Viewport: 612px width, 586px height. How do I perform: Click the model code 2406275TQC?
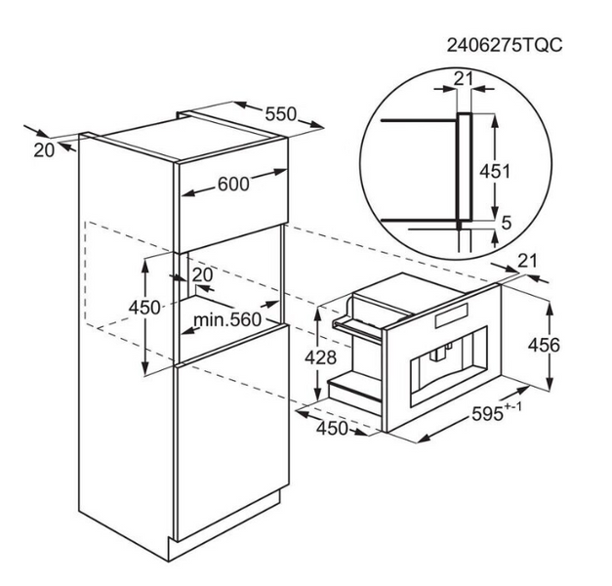(x=505, y=45)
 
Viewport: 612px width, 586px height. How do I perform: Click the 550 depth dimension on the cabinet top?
(x=281, y=114)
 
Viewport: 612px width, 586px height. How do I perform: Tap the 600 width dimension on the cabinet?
(x=233, y=184)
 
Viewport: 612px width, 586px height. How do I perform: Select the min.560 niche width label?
(x=227, y=320)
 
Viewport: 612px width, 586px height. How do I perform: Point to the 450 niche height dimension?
(x=144, y=308)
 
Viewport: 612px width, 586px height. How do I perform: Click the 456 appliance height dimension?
(x=544, y=345)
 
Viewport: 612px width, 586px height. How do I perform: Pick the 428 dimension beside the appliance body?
(x=320, y=357)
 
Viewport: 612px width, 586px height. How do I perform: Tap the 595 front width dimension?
(x=487, y=414)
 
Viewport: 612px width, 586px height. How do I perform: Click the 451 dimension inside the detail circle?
(x=495, y=171)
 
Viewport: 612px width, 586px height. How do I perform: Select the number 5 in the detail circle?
(x=506, y=223)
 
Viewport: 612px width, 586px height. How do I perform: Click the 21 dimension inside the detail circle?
(x=464, y=79)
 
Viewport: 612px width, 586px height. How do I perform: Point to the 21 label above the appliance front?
(x=528, y=261)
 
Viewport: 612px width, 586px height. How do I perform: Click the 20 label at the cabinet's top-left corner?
(x=44, y=150)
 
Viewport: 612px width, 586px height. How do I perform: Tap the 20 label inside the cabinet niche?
(x=203, y=275)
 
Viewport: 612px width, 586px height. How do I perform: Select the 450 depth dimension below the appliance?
(x=332, y=429)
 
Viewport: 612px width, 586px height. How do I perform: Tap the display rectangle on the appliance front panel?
(x=452, y=315)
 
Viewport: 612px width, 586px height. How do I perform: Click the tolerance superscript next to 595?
(x=512, y=407)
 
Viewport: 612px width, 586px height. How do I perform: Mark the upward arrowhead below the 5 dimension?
(x=495, y=238)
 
